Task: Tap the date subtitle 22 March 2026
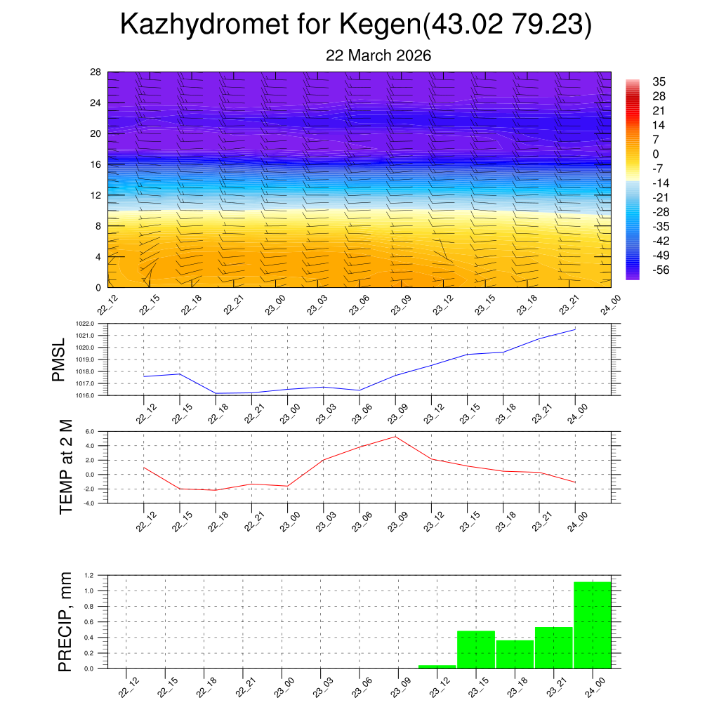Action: click(x=378, y=55)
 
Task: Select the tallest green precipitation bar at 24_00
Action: click(x=592, y=625)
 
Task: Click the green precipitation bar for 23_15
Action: click(x=476, y=649)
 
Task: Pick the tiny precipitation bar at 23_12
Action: click(x=437, y=666)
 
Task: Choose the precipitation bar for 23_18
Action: click(x=515, y=654)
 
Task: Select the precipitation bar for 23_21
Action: click(x=554, y=647)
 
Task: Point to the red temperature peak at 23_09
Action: click(x=395, y=437)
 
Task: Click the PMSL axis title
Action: click(x=59, y=359)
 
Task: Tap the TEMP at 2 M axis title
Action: click(x=66, y=467)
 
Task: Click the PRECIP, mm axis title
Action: click(x=65, y=621)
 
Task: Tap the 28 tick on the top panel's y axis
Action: click(x=96, y=72)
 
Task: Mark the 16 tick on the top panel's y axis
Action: click(x=96, y=164)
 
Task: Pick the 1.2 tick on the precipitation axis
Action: click(x=89, y=575)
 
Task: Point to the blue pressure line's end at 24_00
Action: click(x=575, y=329)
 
